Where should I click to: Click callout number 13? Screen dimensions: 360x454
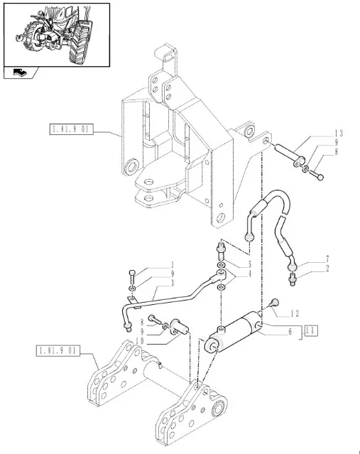tap(339, 133)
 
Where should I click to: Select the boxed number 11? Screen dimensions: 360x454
tap(310, 330)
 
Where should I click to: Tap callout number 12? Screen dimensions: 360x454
tap(295, 313)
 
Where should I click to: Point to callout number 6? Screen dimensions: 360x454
tap(290, 332)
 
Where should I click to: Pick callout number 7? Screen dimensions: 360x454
tap(327, 259)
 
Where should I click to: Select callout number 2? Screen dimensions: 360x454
tap(327, 268)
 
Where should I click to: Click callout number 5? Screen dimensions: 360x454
tap(250, 264)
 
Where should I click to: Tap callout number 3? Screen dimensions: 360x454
tap(173, 283)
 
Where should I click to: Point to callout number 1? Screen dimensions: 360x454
tap(173, 264)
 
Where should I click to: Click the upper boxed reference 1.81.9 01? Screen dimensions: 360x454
tap(72, 129)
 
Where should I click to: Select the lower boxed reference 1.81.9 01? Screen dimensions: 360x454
tap(58, 351)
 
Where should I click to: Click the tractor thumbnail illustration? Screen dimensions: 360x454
tap(57, 35)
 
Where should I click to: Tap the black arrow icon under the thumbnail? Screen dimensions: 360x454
tap(21, 72)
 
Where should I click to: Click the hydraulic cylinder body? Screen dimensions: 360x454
tap(233, 333)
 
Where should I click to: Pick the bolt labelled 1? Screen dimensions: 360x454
tap(131, 276)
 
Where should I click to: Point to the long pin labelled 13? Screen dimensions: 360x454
tap(288, 154)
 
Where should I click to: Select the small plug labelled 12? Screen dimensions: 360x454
tap(274, 303)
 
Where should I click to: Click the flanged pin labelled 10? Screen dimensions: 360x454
tap(180, 328)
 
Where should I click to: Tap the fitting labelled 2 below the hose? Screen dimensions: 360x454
tap(292, 279)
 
